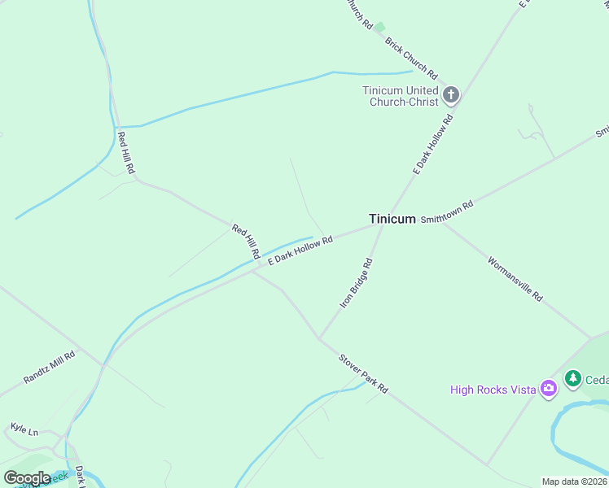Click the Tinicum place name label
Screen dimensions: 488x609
392,219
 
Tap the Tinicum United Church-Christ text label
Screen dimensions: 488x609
401,96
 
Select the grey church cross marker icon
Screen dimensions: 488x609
451,96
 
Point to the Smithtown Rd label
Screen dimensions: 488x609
447,214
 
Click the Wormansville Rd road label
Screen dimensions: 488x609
515,279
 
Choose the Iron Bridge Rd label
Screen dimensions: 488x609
356,283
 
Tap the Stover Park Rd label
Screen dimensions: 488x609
363,374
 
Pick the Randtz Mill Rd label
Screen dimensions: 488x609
49,367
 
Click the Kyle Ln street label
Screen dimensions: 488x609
24,429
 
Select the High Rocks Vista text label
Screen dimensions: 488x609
493,390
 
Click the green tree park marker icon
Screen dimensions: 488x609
573,378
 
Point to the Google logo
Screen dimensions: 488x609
27,477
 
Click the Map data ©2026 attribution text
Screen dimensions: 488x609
575,481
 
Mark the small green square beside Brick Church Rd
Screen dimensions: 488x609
379,27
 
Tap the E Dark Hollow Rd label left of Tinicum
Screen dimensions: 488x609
300,249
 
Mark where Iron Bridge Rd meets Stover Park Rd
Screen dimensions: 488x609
318,338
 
